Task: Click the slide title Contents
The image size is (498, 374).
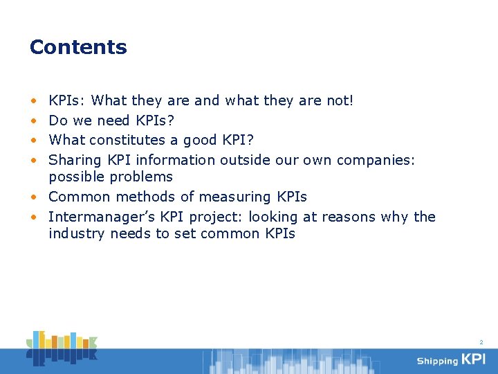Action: pos(78,47)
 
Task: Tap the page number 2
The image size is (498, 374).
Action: pos(481,342)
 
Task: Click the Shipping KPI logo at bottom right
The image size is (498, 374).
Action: pos(450,359)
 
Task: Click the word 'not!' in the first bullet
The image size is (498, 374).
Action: pos(340,100)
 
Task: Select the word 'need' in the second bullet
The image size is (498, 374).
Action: pos(116,121)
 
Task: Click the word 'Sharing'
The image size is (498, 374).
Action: pos(75,160)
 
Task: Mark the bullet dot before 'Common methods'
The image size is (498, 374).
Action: pos(33,197)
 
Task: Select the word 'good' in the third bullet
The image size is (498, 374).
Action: pos(199,140)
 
